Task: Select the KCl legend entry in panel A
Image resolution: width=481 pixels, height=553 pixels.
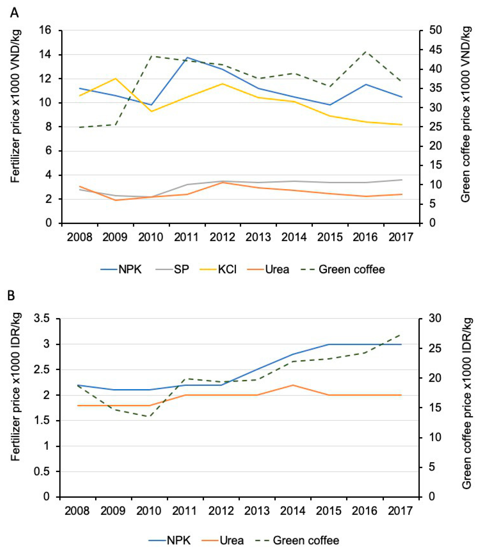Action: click(227, 269)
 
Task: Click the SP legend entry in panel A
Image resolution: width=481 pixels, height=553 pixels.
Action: click(181, 269)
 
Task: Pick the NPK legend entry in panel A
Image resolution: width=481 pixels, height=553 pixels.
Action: click(130, 269)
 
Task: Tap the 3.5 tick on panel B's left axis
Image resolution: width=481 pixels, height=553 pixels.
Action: click(42, 319)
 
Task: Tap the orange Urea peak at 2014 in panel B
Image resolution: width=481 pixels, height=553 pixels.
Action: click(293, 385)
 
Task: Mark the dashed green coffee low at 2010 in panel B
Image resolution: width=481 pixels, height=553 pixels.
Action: click(149, 416)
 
